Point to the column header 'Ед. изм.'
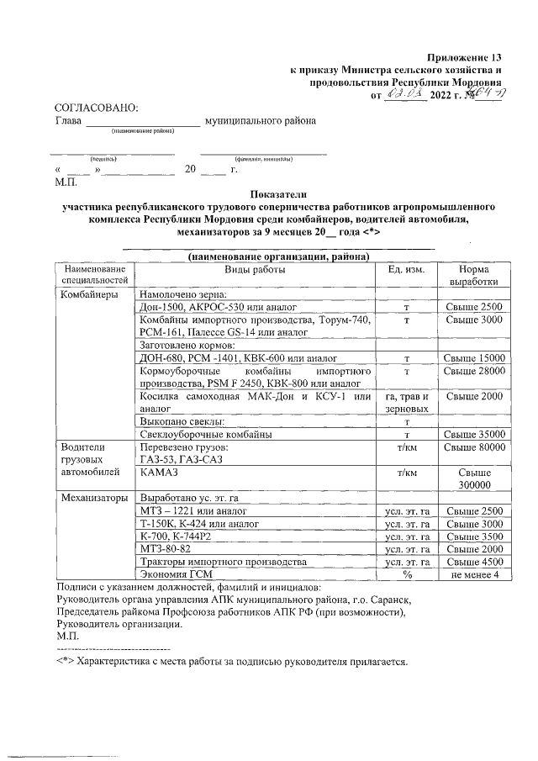[x=406, y=270]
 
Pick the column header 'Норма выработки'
[x=475, y=276]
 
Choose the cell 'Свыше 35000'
[x=475, y=434]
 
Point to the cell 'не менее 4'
[x=475, y=574]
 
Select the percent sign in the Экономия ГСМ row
[x=406, y=574]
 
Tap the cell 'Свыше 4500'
[x=475, y=562]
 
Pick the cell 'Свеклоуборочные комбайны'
[x=205, y=434]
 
